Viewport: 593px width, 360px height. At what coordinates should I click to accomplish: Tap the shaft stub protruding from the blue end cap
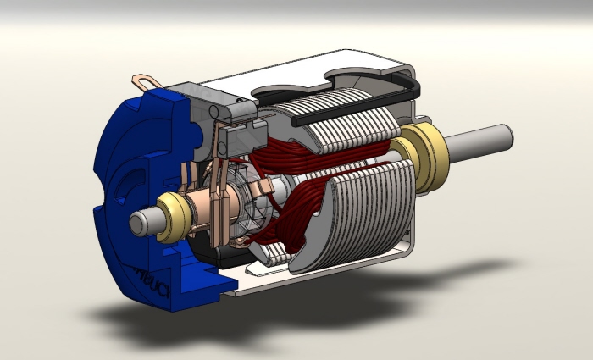[145, 223]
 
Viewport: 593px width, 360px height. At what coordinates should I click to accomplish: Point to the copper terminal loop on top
[145, 83]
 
